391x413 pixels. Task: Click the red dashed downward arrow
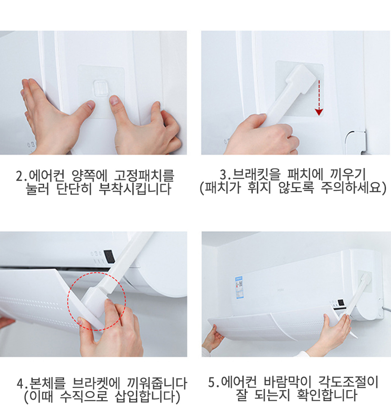[x=319, y=98]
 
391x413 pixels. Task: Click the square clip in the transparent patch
[x=101, y=88]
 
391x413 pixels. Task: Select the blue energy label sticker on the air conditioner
[x=239, y=287]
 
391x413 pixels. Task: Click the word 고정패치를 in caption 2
[x=144, y=176]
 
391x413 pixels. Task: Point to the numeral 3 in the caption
[x=223, y=174]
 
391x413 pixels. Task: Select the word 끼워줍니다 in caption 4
[x=157, y=383]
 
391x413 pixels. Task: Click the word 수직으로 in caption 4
[x=84, y=396]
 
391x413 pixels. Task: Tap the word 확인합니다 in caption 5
[x=327, y=395]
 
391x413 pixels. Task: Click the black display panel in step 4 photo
[x=109, y=256]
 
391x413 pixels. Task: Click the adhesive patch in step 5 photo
[x=365, y=281]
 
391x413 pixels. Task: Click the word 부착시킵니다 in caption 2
[x=135, y=189]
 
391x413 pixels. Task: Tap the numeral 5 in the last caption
[x=212, y=382]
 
